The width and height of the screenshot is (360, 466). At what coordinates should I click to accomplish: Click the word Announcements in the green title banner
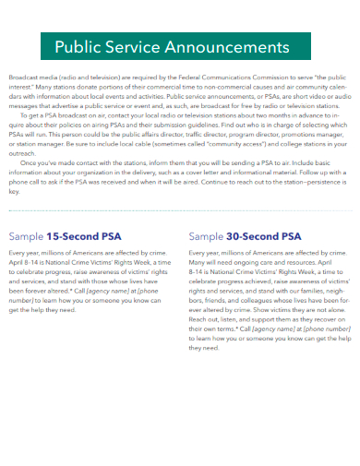pyautogui.click(x=232, y=47)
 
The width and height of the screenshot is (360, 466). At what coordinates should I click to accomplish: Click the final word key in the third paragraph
pyautogui.click(x=13, y=192)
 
